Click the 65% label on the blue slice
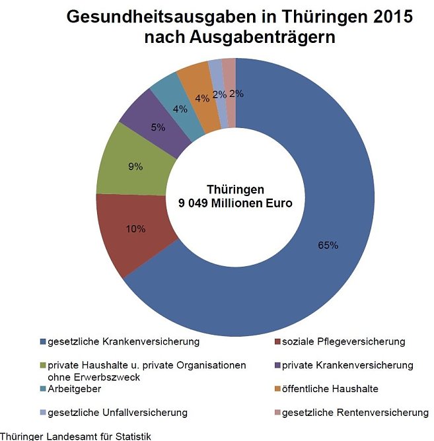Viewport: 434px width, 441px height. pyautogui.click(x=328, y=246)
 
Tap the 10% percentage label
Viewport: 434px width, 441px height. pyautogui.click(x=135, y=230)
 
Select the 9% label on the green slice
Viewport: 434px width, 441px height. pyautogui.click(x=135, y=167)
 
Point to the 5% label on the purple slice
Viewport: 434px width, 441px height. pyautogui.click(x=158, y=127)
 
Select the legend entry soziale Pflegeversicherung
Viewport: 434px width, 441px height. pyautogui.click(x=343, y=341)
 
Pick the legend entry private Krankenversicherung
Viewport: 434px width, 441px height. pyautogui.click(x=347, y=365)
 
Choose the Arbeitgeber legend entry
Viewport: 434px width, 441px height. pyautogui.click(x=73, y=389)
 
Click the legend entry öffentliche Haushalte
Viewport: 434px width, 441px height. pyautogui.click(x=330, y=389)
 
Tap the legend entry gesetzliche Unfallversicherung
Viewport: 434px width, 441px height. pyautogui.click(x=117, y=413)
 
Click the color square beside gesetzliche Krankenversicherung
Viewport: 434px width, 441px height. pyautogui.click(x=43, y=342)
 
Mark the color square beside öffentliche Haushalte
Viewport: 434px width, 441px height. pyautogui.click(x=277, y=390)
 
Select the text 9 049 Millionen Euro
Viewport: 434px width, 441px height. pyautogui.click(x=235, y=203)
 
